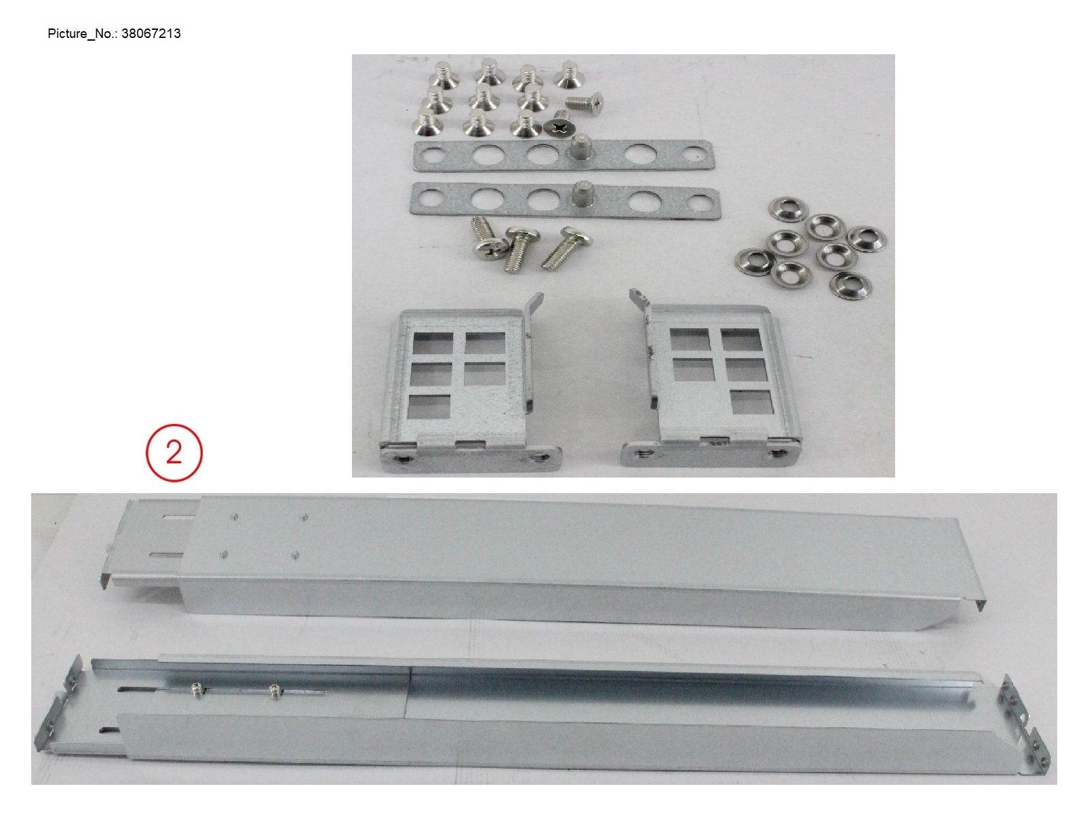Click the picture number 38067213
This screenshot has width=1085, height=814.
point(151,33)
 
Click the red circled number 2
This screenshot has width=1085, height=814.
point(174,452)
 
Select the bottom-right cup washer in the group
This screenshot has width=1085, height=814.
point(850,284)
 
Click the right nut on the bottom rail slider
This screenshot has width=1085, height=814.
point(275,691)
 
